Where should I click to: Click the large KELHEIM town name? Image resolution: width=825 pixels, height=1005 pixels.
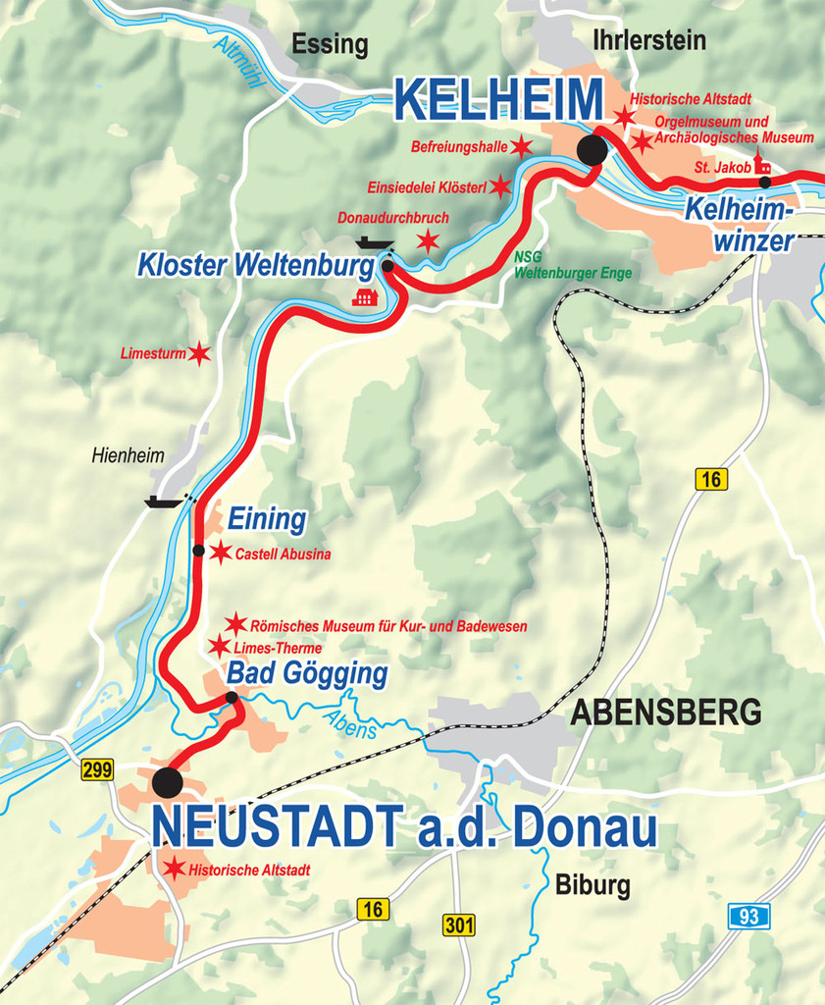(x=499, y=100)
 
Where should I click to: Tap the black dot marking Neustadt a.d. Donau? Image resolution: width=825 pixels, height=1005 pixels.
(x=167, y=782)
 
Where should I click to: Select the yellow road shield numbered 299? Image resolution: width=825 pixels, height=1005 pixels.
(x=97, y=770)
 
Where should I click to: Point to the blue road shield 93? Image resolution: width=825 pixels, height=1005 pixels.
(x=748, y=917)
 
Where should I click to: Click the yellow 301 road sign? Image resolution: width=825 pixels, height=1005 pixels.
(x=458, y=925)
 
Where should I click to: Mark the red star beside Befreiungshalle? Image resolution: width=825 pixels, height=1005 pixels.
(x=521, y=147)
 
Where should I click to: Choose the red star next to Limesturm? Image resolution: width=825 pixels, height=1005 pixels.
(x=199, y=353)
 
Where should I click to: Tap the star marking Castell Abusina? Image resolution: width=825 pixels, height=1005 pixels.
(x=221, y=553)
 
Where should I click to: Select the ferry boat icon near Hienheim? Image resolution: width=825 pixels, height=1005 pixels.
(x=163, y=502)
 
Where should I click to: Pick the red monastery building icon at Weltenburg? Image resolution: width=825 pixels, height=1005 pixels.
(x=365, y=295)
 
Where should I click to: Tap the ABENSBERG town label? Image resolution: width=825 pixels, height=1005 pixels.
(x=666, y=712)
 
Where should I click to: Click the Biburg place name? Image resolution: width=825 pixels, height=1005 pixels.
(x=593, y=885)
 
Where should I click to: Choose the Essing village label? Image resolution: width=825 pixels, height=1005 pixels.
(x=330, y=44)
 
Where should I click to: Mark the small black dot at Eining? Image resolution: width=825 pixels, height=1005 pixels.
(x=198, y=551)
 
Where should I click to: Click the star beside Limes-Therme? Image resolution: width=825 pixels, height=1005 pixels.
(x=220, y=647)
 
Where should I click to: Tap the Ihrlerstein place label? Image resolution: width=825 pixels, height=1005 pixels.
(x=649, y=39)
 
